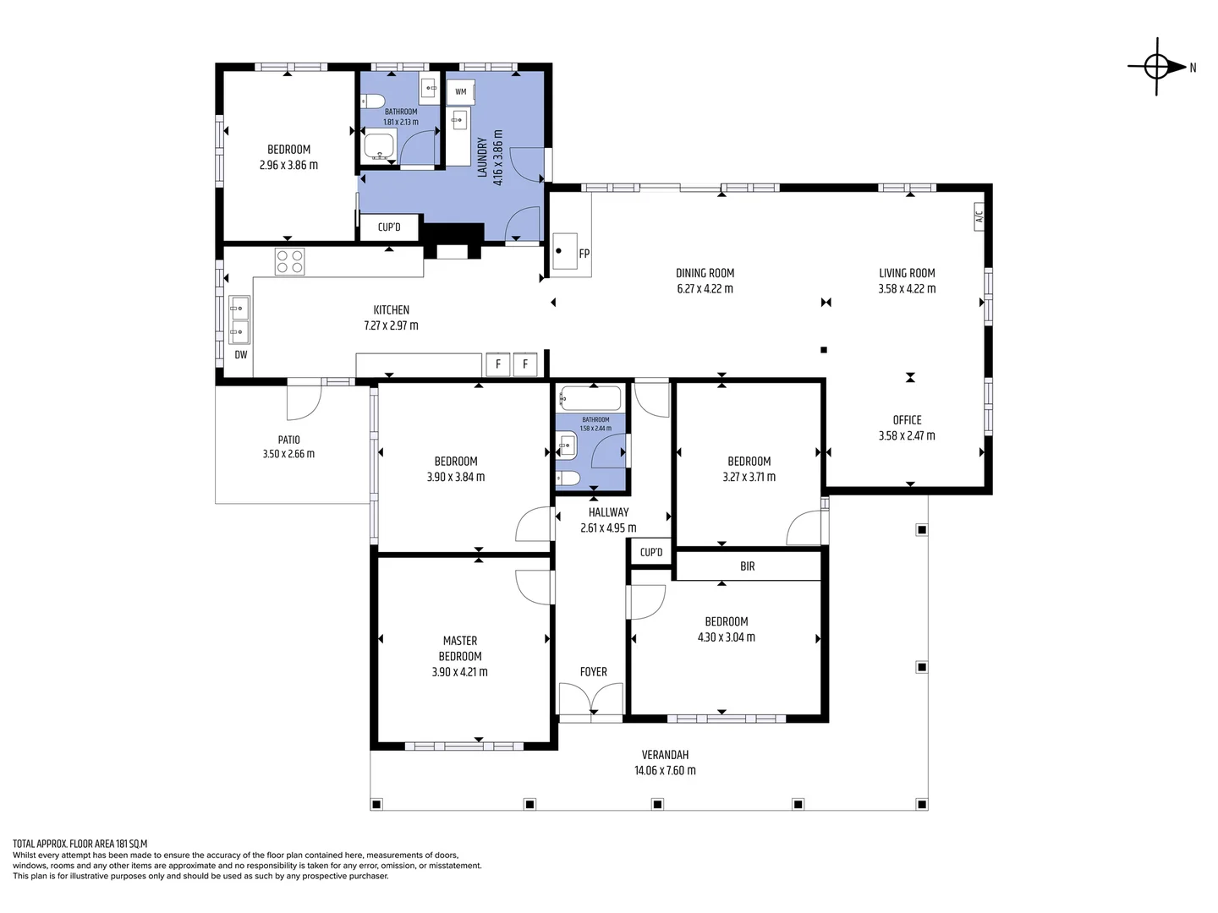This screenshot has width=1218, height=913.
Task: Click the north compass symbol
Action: [x=1158, y=66]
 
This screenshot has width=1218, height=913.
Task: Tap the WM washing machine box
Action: [x=461, y=92]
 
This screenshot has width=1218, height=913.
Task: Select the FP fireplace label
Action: [x=584, y=254]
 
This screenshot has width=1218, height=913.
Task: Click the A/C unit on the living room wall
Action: [x=979, y=216]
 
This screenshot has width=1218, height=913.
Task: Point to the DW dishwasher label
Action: [x=241, y=355]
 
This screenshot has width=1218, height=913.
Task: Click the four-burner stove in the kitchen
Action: [x=289, y=261]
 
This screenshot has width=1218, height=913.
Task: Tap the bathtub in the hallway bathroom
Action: [x=590, y=398]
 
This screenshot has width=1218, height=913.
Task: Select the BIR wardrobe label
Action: [x=747, y=566]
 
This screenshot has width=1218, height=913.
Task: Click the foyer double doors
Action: [x=591, y=700]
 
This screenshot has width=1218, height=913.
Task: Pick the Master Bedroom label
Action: [x=460, y=648]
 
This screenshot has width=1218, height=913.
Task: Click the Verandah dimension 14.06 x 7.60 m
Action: [x=665, y=770]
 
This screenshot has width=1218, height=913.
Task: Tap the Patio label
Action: [x=288, y=440]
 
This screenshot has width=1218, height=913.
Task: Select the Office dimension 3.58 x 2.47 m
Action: [x=907, y=436]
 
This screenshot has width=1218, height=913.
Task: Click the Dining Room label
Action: [x=705, y=273]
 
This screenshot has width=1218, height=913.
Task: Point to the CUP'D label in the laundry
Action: [x=389, y=227]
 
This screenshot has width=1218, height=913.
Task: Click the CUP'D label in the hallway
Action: [x=651, y=552]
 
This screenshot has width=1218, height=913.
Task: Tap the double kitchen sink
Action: [x=239, y=320]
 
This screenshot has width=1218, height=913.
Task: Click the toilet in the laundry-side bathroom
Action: [x=373, y=102]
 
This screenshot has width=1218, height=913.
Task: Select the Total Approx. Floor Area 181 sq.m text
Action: [x=80, y=844]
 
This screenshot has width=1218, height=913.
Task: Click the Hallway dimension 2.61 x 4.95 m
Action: [x=608, y=528]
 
